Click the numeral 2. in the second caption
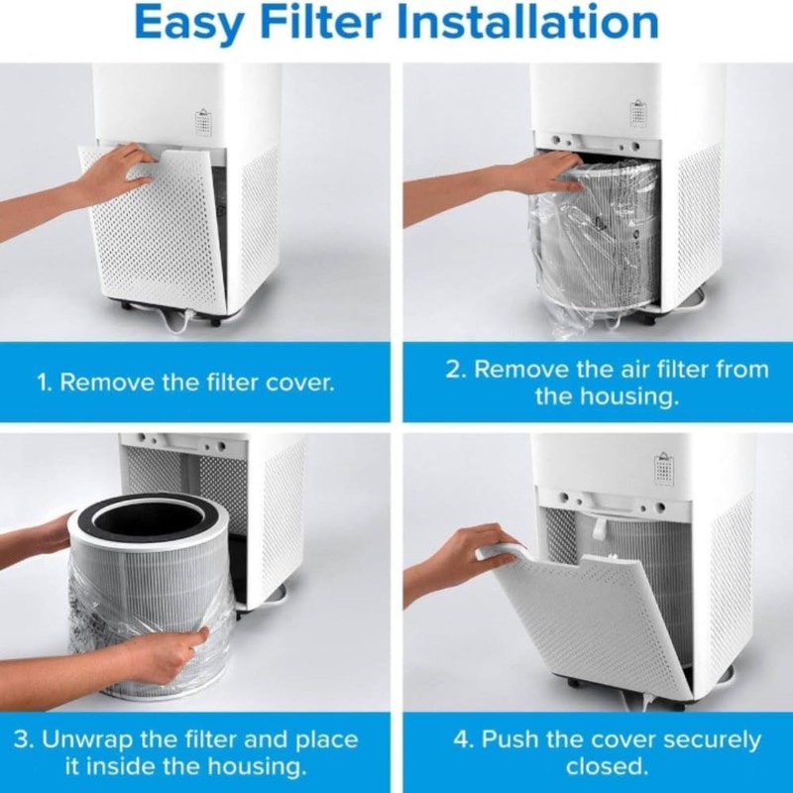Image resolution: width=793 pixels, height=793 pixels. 455,370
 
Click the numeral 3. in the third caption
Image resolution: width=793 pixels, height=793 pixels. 25,739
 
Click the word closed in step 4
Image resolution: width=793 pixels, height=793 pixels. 607,767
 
